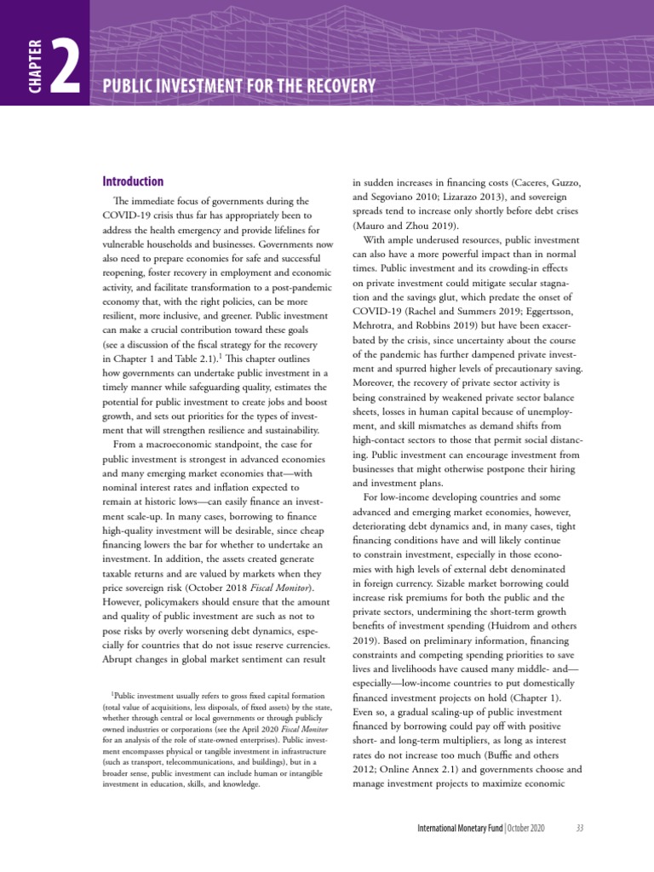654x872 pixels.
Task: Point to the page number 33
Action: [x=579, y=828]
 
